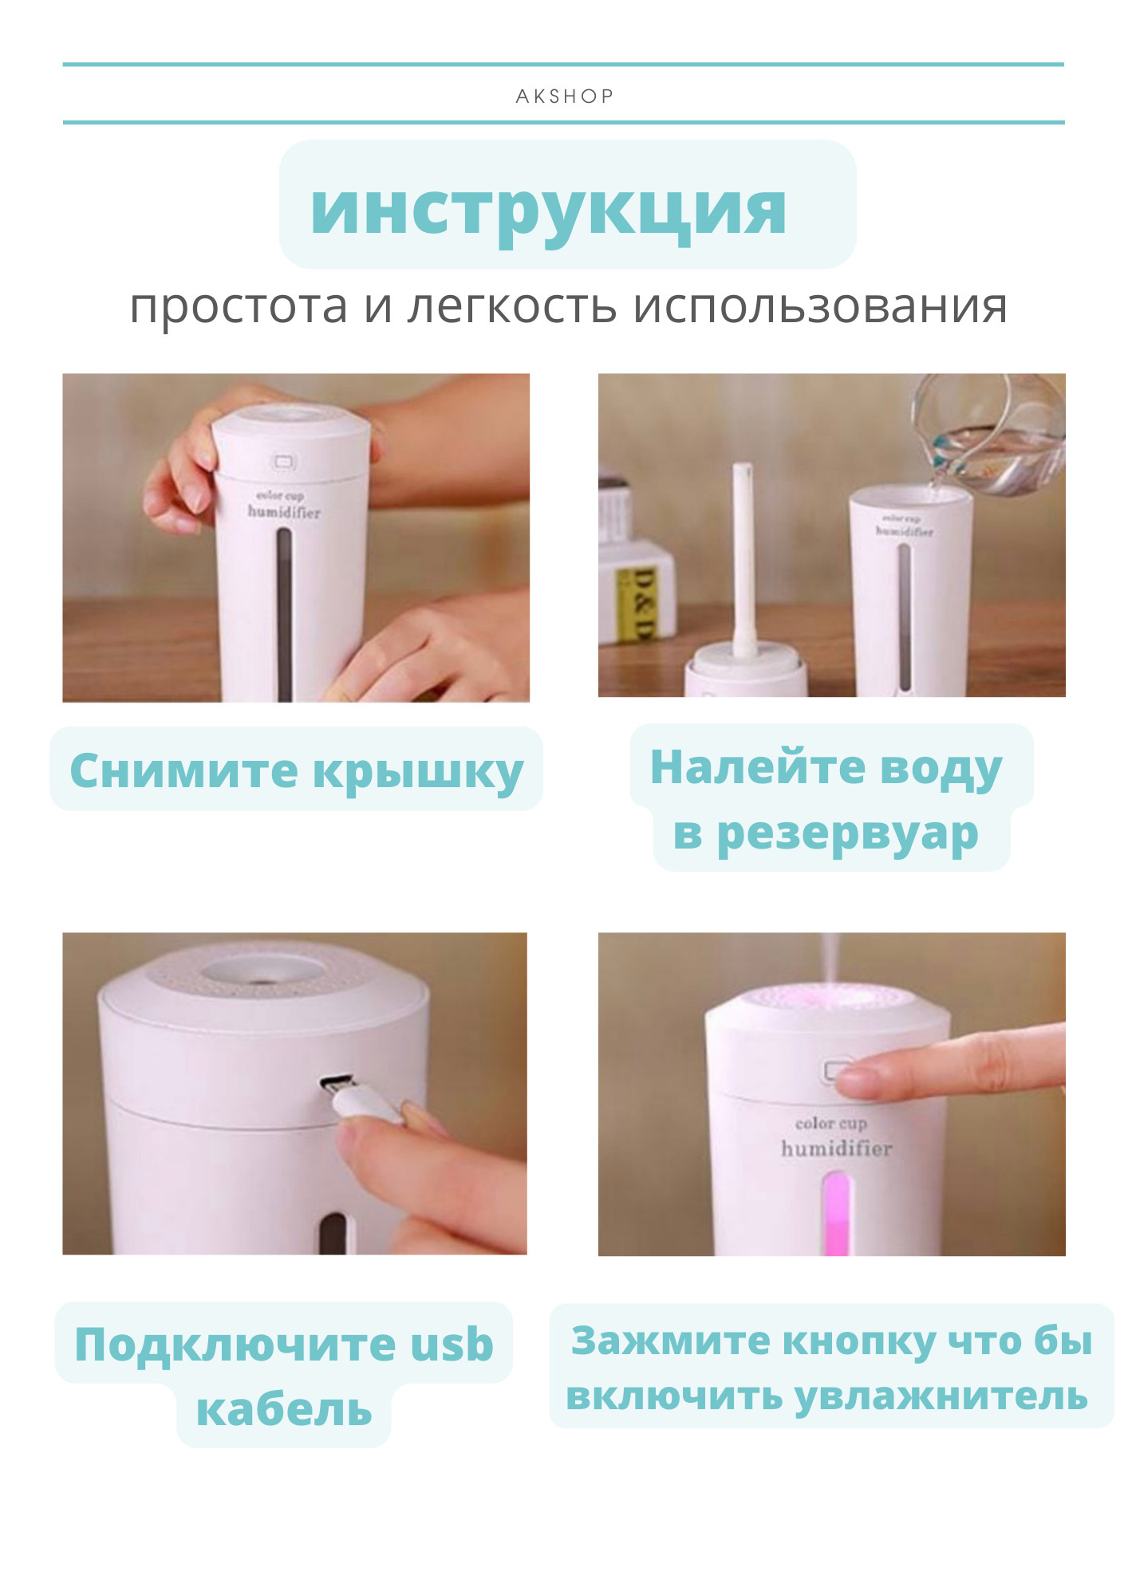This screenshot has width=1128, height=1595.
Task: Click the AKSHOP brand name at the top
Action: [x=564, y=96]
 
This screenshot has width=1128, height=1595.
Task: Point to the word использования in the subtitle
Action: [x=820, y=306]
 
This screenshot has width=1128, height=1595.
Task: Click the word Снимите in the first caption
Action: [x=183, y=771]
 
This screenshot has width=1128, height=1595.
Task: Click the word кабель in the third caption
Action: [x=284, y=1410]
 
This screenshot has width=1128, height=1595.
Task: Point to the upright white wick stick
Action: [x=743, y=558]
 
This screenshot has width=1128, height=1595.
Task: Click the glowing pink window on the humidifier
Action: [x=835, y=1212]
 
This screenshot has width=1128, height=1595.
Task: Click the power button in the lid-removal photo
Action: [x=284, y=462]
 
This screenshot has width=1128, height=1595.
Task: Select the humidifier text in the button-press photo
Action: [x=836, y=1148]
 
